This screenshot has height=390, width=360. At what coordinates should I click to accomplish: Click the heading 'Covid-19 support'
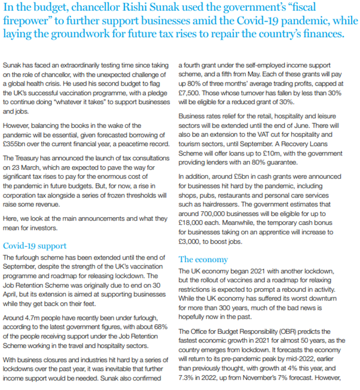tap(34, 245)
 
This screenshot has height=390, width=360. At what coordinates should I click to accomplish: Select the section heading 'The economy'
tap(203, 260)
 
